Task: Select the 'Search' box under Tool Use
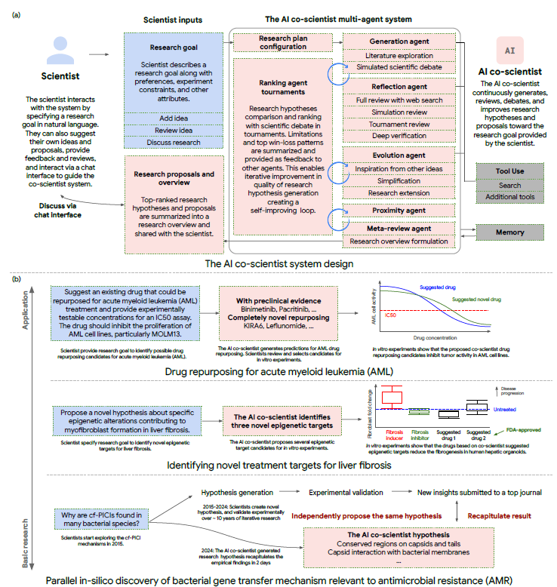pos(509,185)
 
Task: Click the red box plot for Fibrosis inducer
pos(392,397)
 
